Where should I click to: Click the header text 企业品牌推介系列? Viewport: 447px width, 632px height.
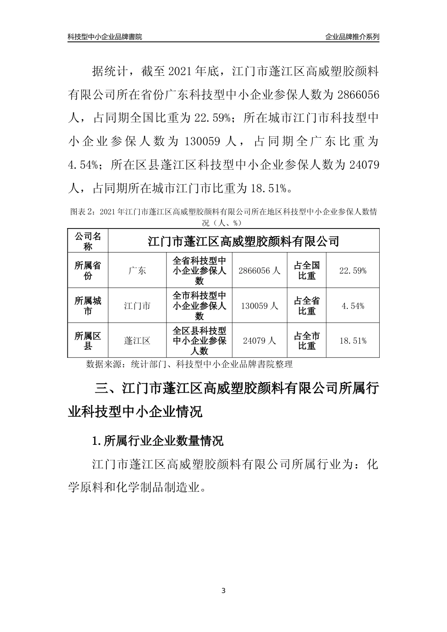click(352, 37)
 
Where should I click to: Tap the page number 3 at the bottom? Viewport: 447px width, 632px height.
click(223, 591)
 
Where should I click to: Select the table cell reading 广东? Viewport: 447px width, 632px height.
click(137, 271)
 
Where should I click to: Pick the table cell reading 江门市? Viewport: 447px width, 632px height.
click(137, 306)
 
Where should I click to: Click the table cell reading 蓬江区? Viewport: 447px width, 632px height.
click(137, 341)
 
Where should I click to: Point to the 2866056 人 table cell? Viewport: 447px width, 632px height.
click(259, 271)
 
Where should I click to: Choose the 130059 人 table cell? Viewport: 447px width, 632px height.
click(259, 306)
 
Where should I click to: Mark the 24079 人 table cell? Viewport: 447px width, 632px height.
click(259, 341)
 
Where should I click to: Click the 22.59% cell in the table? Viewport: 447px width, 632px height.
click(353, 271)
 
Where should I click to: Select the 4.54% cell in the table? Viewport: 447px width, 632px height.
click(353, 306)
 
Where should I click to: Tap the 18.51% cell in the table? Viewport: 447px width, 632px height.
click(353, 341)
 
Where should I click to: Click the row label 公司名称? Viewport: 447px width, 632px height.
click(88, 241)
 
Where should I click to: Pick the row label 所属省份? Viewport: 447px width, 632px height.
click(88, 271)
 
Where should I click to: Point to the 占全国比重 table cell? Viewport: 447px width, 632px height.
click(307, 271)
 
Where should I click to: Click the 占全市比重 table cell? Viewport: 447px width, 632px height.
click(307, 341)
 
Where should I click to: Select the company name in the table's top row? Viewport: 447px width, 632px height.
click(243, 242)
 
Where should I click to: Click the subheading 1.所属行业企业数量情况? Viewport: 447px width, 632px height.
click(158, 441)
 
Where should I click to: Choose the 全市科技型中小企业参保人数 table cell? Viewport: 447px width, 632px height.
click(200, 306)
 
